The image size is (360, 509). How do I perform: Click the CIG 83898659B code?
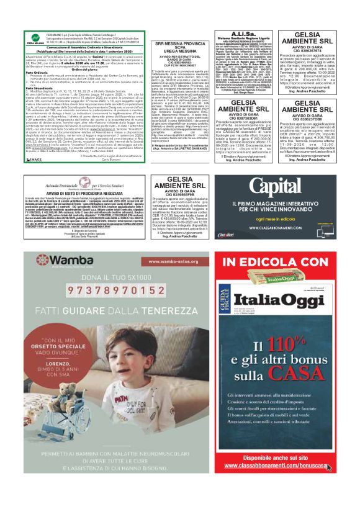coord(180,194)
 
